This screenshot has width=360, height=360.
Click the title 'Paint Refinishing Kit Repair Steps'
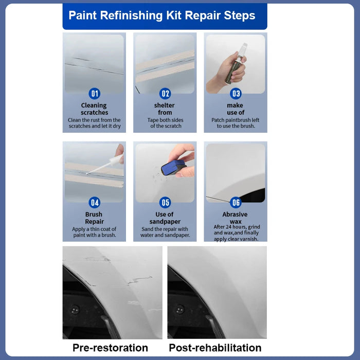[162, 15]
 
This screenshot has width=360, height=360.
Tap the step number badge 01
[95, 94]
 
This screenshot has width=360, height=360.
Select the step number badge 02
[165, 94]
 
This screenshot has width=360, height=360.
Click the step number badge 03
[236, 94]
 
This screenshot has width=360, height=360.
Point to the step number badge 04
[95, 202]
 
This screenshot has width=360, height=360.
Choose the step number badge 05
[165, 202]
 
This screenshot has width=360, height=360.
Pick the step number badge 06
[236, 202]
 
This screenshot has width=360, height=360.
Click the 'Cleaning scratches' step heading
[94, 109]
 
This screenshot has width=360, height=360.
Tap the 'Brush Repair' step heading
[94, 218]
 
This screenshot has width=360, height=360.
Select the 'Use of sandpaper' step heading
[165, 218]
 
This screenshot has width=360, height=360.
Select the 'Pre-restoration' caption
[110, 348]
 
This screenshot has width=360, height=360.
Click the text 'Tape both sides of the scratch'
[165, 123]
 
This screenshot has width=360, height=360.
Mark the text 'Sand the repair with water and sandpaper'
[165, 232]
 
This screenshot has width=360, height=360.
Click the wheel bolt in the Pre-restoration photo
[76, 310]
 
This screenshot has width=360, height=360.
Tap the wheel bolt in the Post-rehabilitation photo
[179, 310]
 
